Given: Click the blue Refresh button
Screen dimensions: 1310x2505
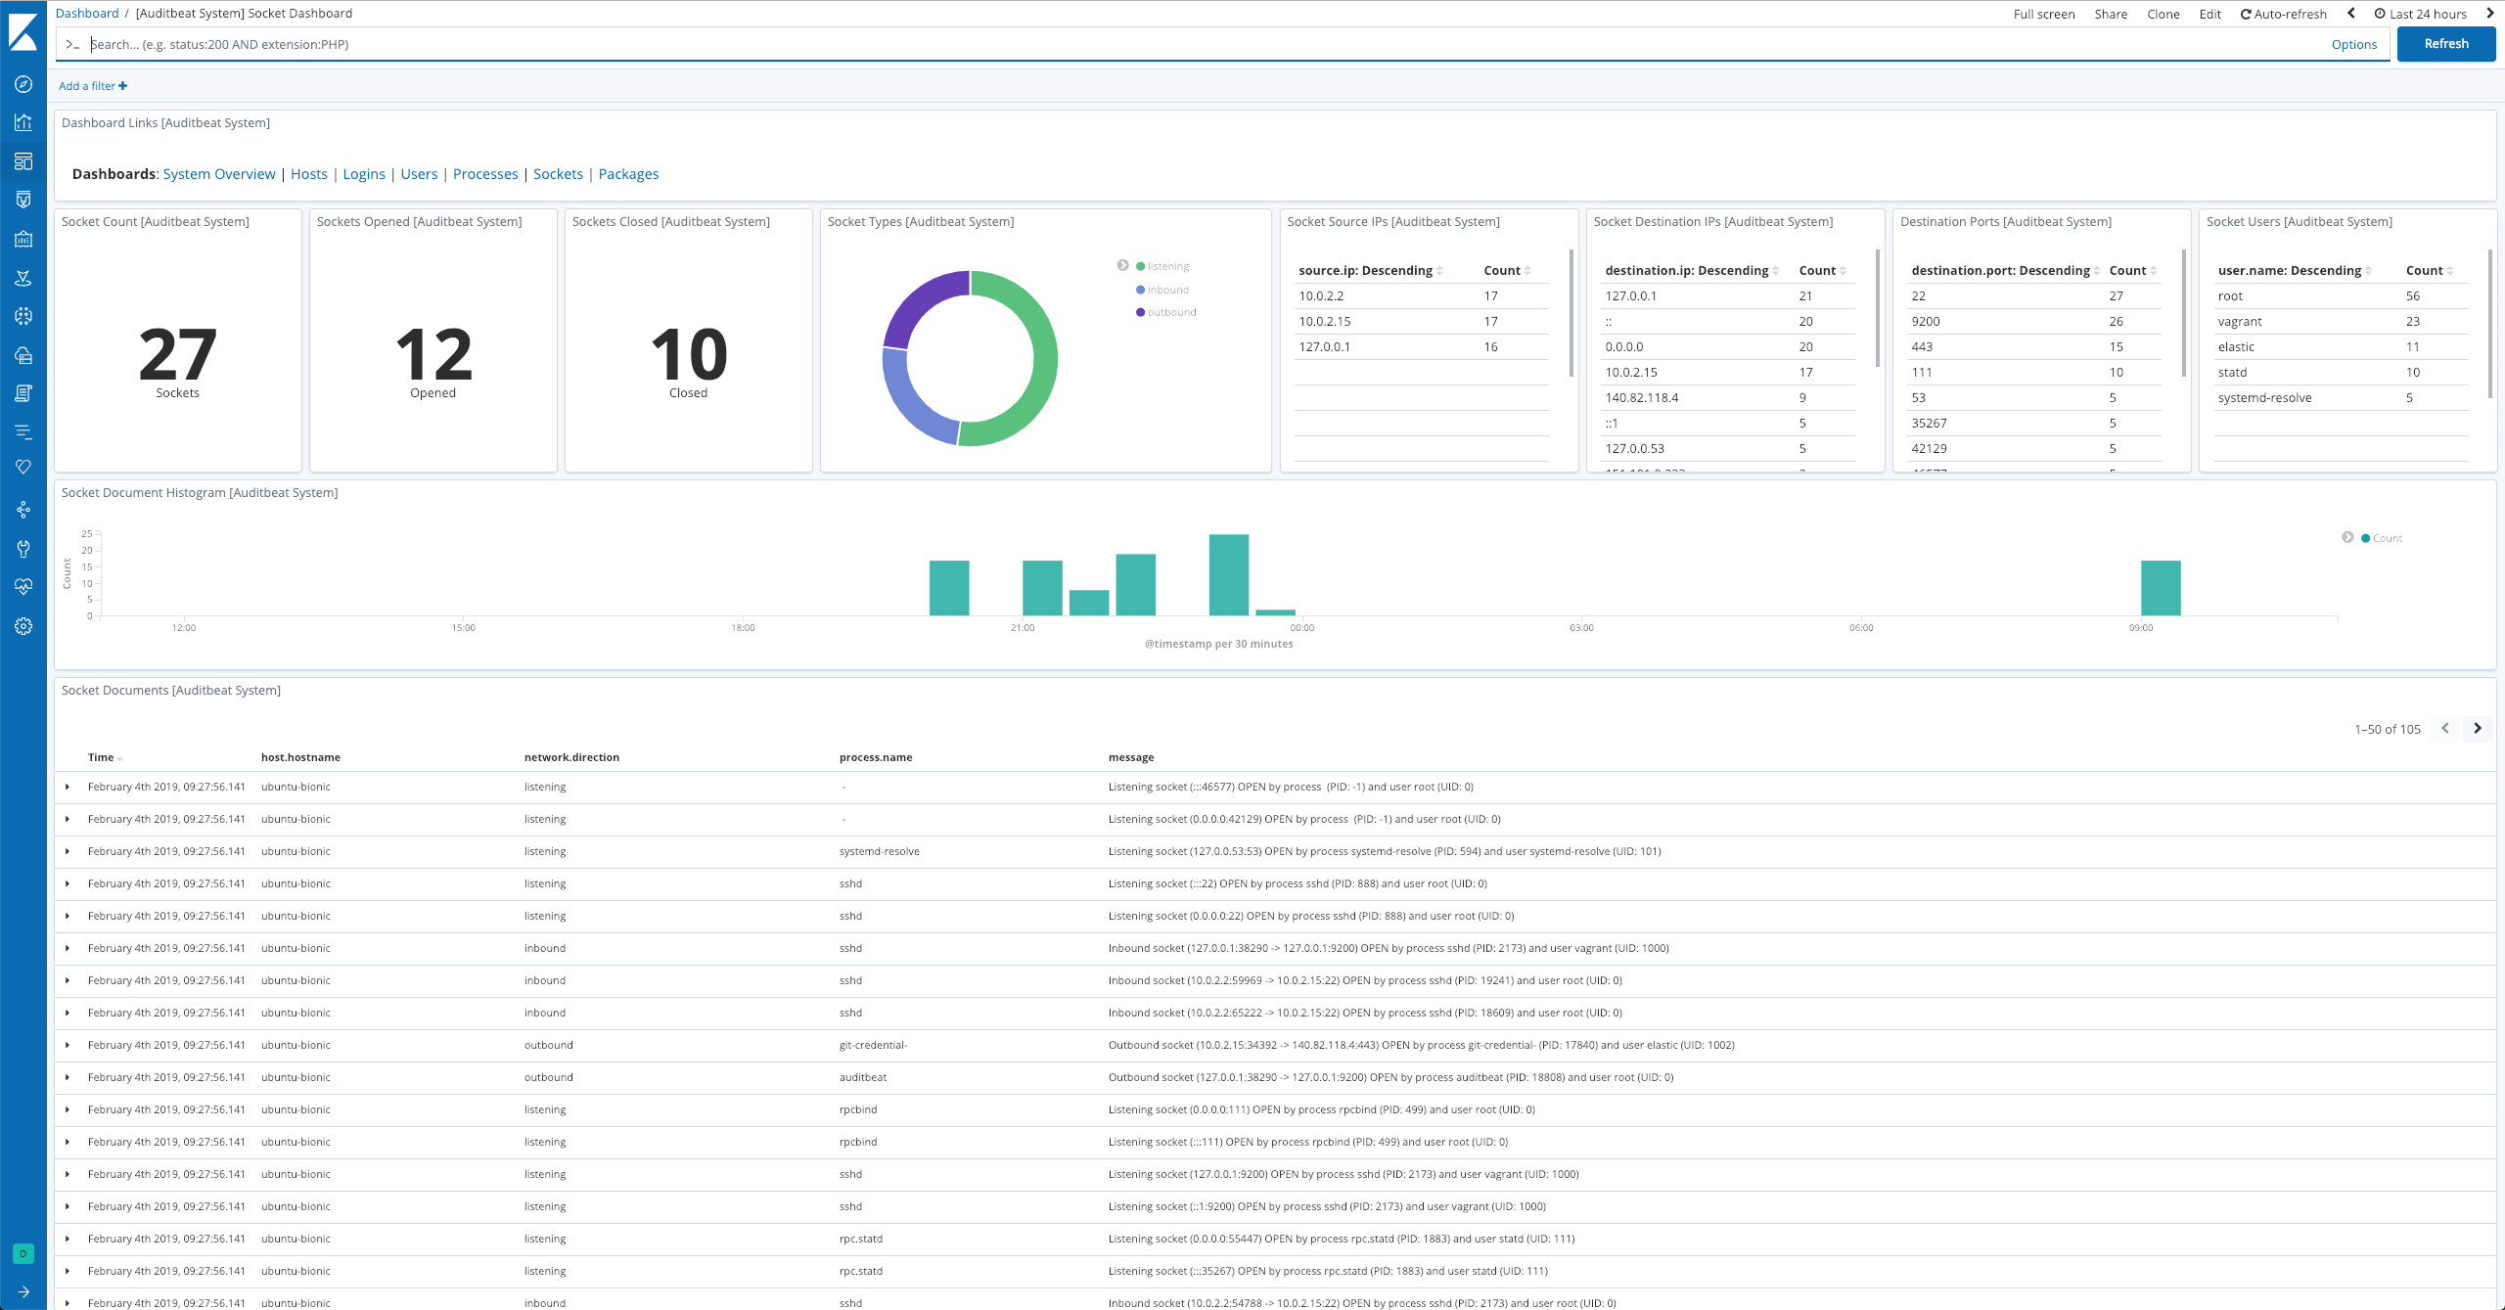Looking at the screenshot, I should [2445, 44].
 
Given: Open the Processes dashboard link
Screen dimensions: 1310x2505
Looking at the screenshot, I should [485, 174].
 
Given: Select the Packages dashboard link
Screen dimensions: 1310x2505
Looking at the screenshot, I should [628, 174].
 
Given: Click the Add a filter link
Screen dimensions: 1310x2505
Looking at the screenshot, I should [92, 86].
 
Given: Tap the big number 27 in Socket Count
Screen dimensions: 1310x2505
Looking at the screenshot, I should [177, 355].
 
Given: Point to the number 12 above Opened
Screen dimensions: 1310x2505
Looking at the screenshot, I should [433, 355].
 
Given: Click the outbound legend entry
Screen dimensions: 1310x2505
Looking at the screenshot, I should [1171, 313].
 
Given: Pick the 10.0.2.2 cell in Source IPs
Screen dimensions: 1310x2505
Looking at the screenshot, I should [1321, 296].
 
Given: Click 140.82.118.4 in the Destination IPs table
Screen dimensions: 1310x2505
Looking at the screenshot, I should [1642, 398].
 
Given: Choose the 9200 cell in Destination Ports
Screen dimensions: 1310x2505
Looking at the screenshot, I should [1926, 322].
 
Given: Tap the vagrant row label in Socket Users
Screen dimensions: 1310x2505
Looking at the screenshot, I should [2240, 322].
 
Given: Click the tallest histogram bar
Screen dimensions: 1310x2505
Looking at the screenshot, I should [1228, 575].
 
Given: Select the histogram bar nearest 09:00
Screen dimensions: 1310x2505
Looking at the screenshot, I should [2161, 588].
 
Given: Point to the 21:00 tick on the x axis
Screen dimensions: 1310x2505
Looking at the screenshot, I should [1023, 627].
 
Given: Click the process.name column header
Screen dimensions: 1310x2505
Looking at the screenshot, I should [876, 757].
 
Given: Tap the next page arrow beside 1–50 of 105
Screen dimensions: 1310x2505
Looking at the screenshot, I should [2478, 729].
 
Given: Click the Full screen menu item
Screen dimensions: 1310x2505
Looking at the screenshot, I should [2044, 15].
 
